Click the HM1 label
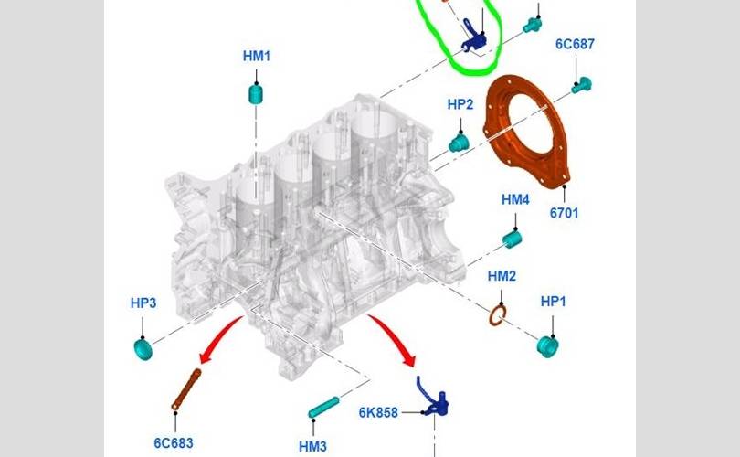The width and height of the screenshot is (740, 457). click(257, 56)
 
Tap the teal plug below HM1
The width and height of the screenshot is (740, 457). click(257, 92)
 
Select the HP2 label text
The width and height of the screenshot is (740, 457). click(460, 104)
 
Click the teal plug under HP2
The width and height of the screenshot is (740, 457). click(459, 142)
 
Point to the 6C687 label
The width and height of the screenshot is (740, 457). click(576, 44)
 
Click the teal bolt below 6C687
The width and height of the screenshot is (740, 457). click(581, 85)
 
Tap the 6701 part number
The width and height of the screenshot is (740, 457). click(564, 213)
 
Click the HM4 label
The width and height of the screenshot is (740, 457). click(515, 199)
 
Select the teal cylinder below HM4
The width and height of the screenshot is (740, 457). click(513, 239)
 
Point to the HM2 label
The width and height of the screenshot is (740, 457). click(502, 276)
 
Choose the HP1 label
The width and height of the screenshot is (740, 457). click(554, 301)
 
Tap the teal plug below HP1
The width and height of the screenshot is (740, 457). click(549, 345)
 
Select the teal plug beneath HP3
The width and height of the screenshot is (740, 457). click(143, 347)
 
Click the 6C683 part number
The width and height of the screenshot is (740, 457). click(173, 442)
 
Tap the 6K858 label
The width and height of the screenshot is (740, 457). click(378, 412)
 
